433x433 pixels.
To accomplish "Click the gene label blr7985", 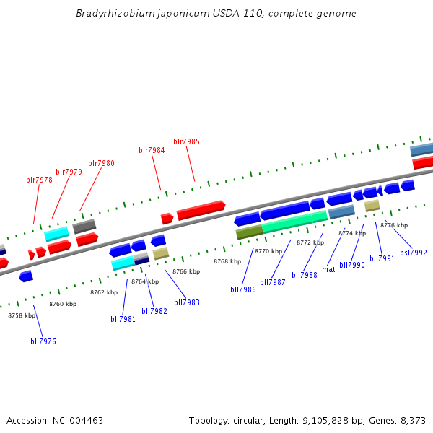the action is point(186,141).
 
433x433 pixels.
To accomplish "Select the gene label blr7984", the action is point(152,150).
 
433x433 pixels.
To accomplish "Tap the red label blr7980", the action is point(101,163).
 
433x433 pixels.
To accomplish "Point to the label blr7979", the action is point(69,172).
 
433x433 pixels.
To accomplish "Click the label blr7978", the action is point(39,180).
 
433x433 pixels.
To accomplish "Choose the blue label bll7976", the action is point(43,341).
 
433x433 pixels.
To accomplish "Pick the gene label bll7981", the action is point(123,319).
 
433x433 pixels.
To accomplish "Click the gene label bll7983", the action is point(187,302).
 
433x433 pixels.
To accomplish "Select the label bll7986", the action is point(243,289).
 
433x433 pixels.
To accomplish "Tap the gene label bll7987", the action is point(273,282).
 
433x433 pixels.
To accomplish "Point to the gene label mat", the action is point(328,269).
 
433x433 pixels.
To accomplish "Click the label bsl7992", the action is point(414,253).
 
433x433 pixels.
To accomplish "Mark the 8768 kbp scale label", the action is point(227,261).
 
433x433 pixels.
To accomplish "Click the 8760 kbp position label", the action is point(63,304).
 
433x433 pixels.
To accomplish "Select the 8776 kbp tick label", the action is point(394,225).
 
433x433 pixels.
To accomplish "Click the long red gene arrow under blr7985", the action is point(201,211).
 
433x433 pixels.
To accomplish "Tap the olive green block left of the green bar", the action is point(249,232).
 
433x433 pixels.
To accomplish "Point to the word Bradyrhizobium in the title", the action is point(108,14).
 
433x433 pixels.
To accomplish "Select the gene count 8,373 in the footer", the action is point(412,420).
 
